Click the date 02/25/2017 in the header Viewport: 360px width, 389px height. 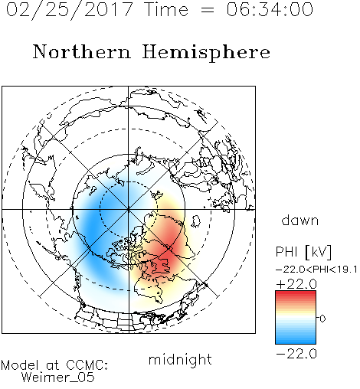tap(70, 10)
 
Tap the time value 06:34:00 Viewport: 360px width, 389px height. tap(270, 9)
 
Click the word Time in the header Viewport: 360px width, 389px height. tap(166, 9)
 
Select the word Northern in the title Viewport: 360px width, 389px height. tap(82, 51)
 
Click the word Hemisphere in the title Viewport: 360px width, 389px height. tap(206, 53)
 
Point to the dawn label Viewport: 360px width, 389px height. tap(300, 220)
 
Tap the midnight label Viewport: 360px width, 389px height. tap(180, 359)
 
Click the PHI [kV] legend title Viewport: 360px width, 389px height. tap(303, 252)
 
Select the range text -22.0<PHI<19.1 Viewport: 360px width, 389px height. tap(316, 270)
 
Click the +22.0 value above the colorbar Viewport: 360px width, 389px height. tap(296, 284)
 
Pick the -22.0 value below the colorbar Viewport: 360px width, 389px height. tap(296, 354)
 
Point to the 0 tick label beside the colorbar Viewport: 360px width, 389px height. tap(322, 319)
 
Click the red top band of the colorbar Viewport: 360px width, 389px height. tap(296, 293)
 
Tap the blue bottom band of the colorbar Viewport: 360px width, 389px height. tap(296, 341)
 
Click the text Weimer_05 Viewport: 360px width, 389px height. tap(58, 378)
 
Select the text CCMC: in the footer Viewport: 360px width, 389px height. tap(87, 365)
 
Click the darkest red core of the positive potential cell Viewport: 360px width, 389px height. tap(166, 257)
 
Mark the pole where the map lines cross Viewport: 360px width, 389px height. tap(129, 210)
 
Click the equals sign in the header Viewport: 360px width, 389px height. tap(207, 11)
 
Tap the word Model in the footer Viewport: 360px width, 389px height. tap(20, 365)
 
